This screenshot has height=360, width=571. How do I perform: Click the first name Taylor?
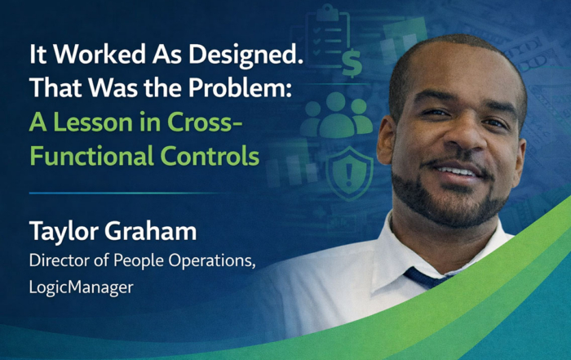[x=61, y=232]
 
